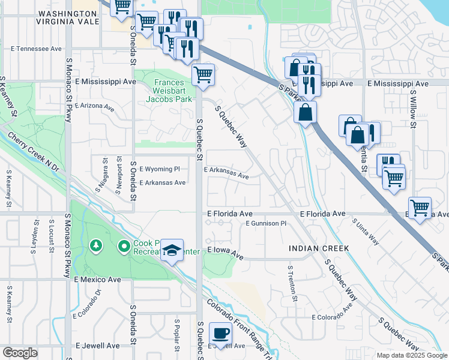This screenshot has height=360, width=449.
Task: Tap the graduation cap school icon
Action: [x=172, y=250]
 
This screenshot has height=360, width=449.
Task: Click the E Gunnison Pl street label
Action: [x=271, y=223]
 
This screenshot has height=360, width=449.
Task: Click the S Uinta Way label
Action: [x=366, y=231]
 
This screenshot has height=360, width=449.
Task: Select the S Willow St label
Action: [x=414, y=109]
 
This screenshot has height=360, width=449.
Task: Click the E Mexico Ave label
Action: [x=98, y=280]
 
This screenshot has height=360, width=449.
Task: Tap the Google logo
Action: [x=20, y=353]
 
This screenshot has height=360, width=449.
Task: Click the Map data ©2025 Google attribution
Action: [x=411, y=355]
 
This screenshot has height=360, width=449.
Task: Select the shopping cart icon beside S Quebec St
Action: [x=203, y=75]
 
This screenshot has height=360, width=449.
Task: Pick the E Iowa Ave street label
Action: [x=225, y=252]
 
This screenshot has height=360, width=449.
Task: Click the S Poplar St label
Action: [x=178, y=334]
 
